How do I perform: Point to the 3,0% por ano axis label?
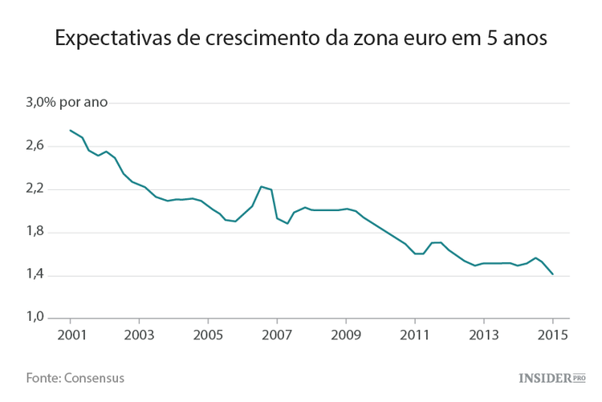tap(67, 102)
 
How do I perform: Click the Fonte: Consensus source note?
tap(75, 377)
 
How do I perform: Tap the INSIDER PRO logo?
tap(552, 377)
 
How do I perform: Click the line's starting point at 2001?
tap(70, 130)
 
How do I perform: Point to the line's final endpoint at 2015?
tap(553, 274)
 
